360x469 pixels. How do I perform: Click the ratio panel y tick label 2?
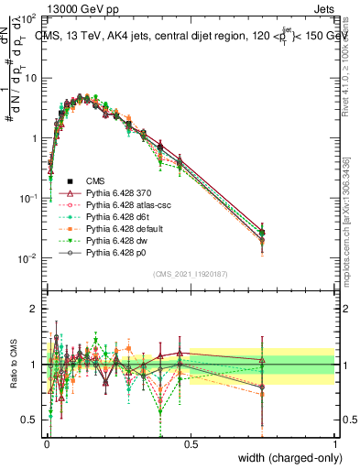pyautogui.click(x=34, y=309)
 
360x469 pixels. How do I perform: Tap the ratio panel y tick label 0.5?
pyautogui.click(x=30, y=420)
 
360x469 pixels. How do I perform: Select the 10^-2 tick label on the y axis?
pyautogui.click(x=27, y=258)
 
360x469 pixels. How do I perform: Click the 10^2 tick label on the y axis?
pyautogui.click(x=29, y=18)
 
